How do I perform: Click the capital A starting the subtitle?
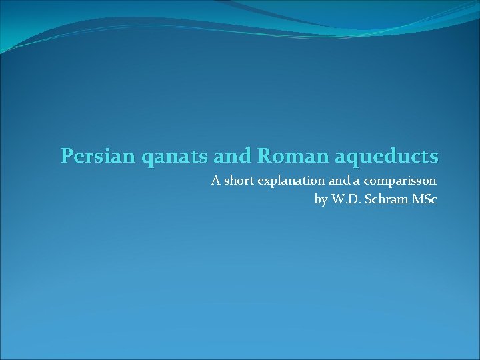[215, 180]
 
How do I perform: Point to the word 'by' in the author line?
[321, 199]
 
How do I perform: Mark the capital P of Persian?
[66, 156]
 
